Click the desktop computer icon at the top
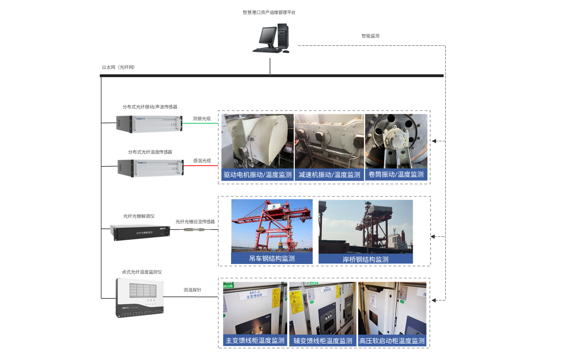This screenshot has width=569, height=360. click(271, 38)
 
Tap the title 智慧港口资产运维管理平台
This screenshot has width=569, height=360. click(269, 12)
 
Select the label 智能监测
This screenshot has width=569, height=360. click(370, 36)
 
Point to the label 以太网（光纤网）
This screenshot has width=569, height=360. click(118, 67)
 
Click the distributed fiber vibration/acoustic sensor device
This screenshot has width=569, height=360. click(149, 123)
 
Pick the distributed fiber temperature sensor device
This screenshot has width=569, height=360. click(150, 168)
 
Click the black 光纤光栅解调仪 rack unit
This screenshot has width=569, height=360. click(140, 232)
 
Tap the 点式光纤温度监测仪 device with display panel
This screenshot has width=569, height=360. click(140, 297)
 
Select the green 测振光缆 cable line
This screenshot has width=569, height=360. click(200, 123)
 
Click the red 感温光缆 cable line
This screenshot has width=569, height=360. click(200, 166)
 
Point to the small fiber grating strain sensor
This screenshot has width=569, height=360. click(194, 230)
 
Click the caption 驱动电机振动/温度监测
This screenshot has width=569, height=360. click(258, 175)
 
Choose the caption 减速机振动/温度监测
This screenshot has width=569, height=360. click(329, 175)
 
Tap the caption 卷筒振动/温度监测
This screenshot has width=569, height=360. click(396, 175)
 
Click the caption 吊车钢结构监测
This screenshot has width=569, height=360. click(272, 258)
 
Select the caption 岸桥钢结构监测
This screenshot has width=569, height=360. click(365, 259)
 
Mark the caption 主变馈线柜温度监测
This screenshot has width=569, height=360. click(255, 341)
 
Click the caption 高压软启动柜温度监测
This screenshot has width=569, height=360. click(392, 341)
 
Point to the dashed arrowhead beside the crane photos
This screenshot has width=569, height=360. click(433, 237)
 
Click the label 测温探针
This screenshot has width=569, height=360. click(192, 290)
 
